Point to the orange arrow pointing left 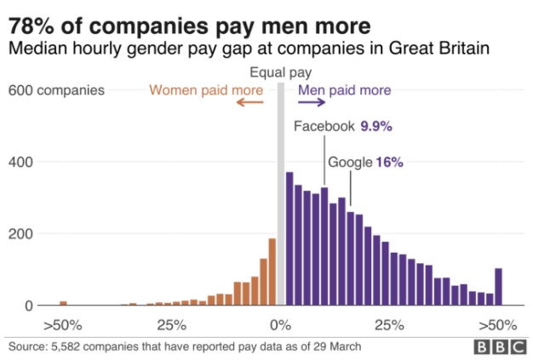250,103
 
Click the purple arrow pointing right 312,103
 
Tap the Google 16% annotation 365,162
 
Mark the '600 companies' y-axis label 57,89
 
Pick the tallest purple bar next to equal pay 289,238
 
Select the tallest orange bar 272,271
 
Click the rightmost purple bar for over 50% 499,287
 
